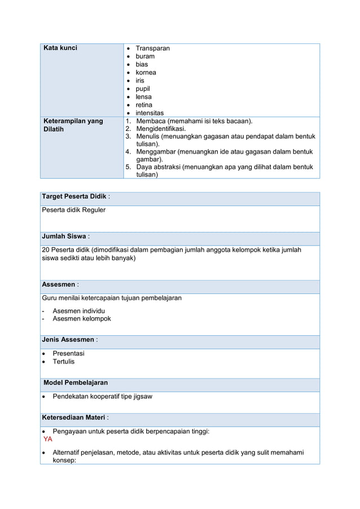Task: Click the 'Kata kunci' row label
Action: click(60, 48)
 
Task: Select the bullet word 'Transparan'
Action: click(152, 49)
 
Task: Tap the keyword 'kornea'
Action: click(146, 73)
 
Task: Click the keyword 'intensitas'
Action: click(150, 113)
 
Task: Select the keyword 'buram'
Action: click(145, 56)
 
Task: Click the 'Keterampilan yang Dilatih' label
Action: click(73, 125)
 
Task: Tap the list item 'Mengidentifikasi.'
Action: click(161, 129)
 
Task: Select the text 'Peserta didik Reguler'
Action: click(74, 210)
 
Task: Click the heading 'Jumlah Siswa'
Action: click(64, 236)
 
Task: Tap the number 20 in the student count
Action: click(46, 250)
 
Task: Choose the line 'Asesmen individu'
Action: click(78, 311)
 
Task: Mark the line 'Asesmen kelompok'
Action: click(81, 319)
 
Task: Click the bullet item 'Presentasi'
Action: click(68, 353)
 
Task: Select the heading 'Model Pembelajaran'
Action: click(76, 383)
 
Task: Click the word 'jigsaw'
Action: click(141, 396)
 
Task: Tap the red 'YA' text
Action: click(48, 439)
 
